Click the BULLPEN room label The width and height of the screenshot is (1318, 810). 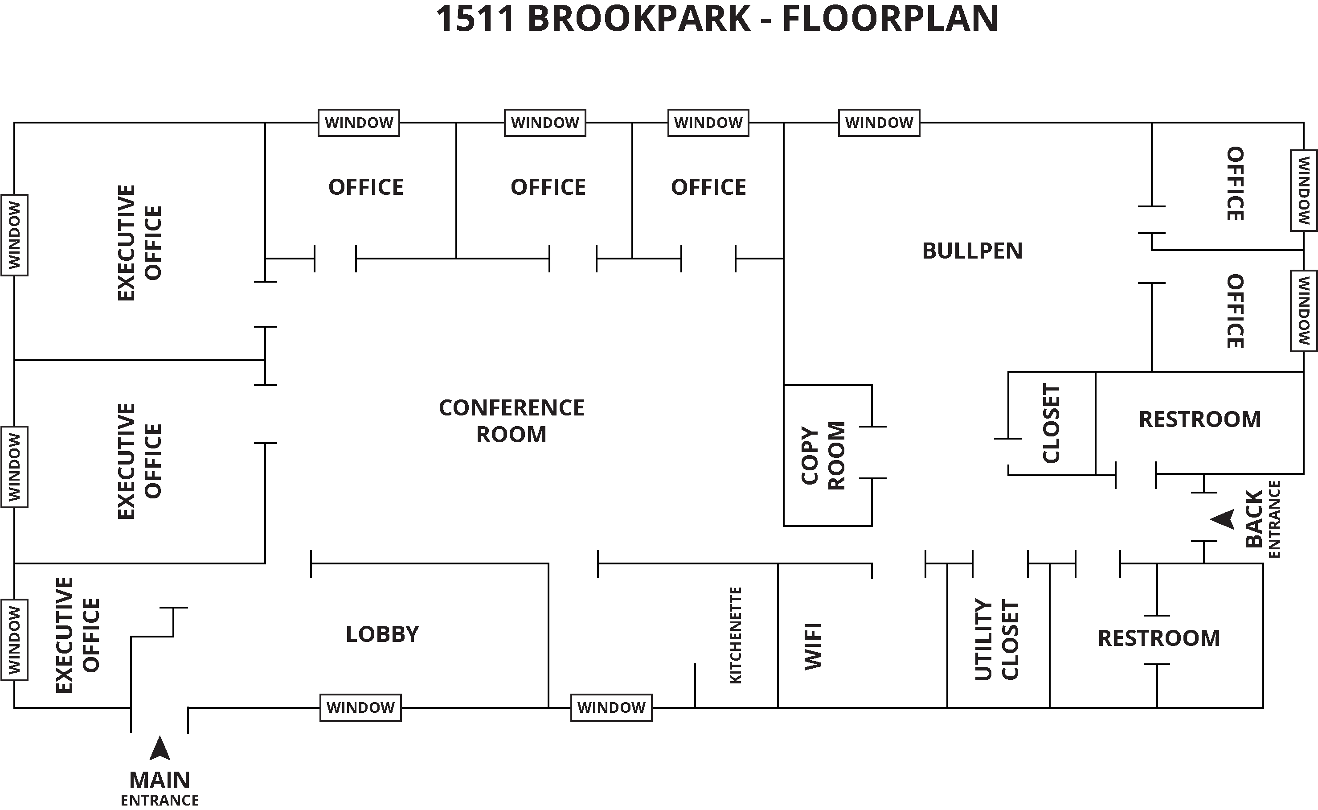pos(972,251)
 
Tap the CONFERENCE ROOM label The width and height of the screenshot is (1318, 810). pos(511,421)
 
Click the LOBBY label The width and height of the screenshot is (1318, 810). pos(382,634)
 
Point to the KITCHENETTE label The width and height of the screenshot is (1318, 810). pos(736,635)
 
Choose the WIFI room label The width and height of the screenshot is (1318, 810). pos(813,646)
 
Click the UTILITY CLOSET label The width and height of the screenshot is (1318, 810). pos(996,640)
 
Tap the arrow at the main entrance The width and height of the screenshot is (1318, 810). pos(160,748)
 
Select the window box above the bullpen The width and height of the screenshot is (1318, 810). pos(879,123)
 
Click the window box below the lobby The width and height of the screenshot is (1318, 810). pos(360,707)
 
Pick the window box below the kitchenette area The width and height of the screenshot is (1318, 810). pos(611,707)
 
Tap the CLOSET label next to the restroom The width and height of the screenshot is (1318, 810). pos(1051,423)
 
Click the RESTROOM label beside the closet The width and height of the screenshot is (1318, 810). pos(1199,419)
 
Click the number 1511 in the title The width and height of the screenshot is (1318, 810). pos(475,18)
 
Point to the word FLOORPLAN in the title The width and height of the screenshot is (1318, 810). pos(890,18)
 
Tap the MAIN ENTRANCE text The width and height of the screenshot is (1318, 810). pos(160,788)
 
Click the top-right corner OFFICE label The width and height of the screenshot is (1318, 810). pos(1235,184)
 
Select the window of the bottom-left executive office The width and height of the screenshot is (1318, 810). pos(14,640)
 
